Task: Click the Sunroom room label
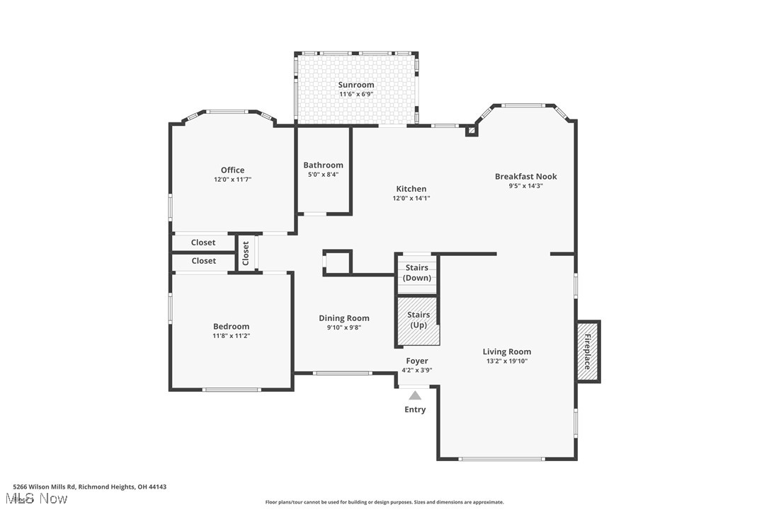pos(355,85)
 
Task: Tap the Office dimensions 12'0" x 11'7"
pos(232,180)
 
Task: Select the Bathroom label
pos(323,165)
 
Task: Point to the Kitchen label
pos(411,189)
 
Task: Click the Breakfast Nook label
pos(525,177)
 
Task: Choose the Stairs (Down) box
pos(416,273)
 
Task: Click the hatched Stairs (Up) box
pos(418,321)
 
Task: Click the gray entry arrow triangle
pos(415,395)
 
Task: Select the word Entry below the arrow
pos(415,409)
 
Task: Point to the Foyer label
pos(416,361)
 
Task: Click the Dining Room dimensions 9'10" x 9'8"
pos(343,327)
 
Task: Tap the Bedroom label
pos(231,326)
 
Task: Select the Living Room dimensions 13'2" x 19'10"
pos(506,361)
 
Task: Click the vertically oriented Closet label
pos(246,252)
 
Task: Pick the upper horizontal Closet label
pos(203,243)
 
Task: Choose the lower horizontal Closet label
pos(203,261)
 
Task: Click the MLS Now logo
pos(40,499)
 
